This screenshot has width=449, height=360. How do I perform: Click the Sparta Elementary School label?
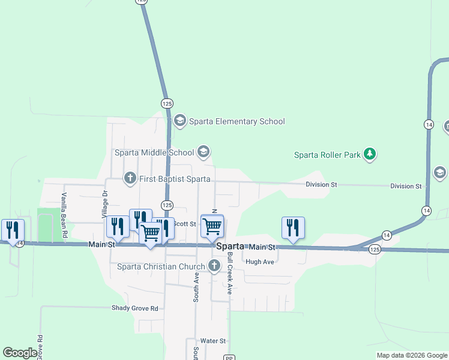click(237, 121)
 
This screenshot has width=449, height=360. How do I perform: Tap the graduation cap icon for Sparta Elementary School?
click(179, 121)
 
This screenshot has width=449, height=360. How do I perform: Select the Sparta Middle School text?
click(154, 152)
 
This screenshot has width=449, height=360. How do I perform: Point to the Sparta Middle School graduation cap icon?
click(203, 152)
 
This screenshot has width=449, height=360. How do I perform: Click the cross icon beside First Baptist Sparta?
click(130, 178)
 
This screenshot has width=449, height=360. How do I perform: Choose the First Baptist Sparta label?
click(175, 179)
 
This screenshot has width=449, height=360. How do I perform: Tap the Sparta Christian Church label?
click(161, 266)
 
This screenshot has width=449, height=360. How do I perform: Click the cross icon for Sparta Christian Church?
click(214, 266)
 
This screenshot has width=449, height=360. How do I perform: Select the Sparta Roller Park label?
click(327, 155)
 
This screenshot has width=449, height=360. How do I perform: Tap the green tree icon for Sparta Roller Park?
click(371, 154)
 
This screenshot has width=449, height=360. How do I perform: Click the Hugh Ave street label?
click(260, 262)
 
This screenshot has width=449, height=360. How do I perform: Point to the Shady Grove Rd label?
click(134, 308)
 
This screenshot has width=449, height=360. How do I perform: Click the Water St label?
click(212, 340)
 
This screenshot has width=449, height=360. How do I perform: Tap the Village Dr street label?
click(104, 204)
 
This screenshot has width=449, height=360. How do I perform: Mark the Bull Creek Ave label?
click(230, 273)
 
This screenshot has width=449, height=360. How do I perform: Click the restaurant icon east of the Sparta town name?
click(293, 228)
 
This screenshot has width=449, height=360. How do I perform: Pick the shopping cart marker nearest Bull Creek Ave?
click(212, 226)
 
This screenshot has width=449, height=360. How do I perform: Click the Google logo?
click(20, 353)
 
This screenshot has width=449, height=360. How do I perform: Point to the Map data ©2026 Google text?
click(411, 355)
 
